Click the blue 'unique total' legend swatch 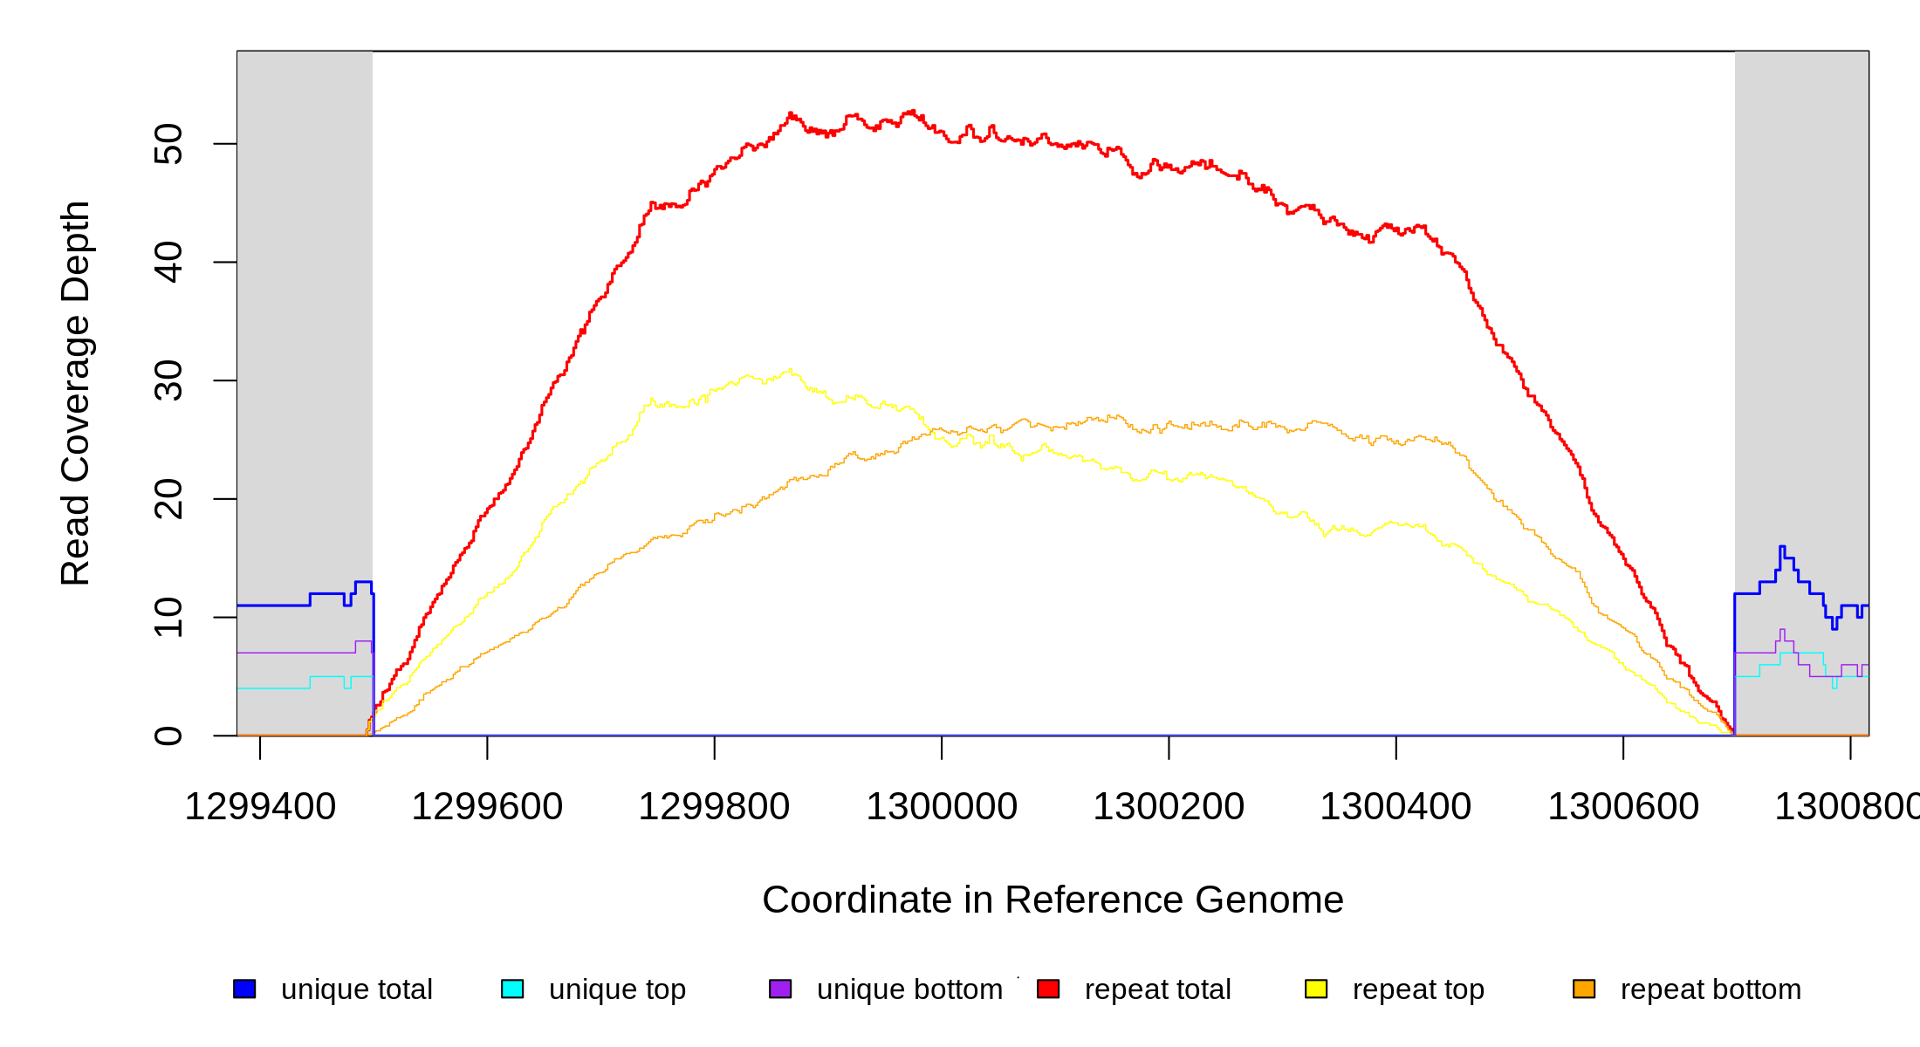pos(244,989)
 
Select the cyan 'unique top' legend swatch pos(512,989)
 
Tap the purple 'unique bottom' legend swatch pos(780,989)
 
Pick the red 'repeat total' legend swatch pos(1048,989)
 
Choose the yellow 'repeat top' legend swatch pos(1316,989)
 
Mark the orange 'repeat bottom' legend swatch pos(1584,989)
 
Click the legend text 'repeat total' pos(1157,989)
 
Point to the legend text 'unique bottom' pos(909,989)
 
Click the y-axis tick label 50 pos(168,144)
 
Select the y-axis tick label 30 pos(168,380)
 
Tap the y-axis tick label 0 pos(168,736)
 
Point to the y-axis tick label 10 pos(168,618)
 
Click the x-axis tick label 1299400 pos(260,807)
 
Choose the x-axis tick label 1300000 pos(942,807)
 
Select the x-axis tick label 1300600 pos(1623,807)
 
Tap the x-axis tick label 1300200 pos(1169,807)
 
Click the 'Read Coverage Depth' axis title pos(75,393)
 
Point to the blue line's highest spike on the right pos(1782,547)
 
